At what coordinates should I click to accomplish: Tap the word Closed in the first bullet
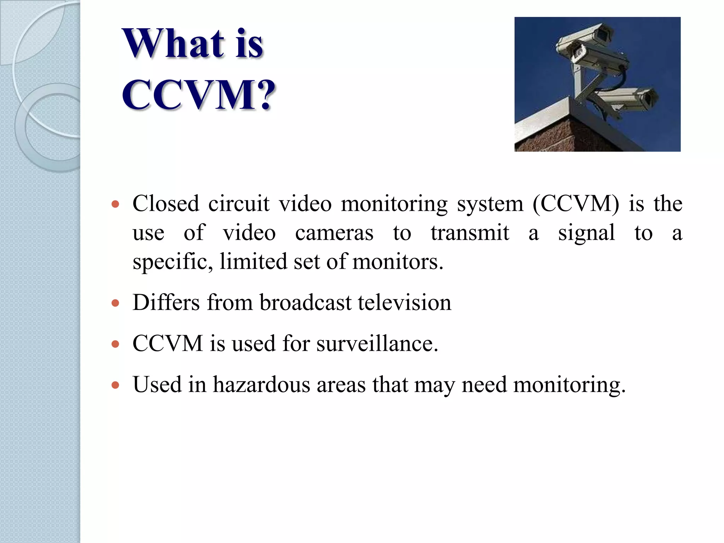tap(166, 204)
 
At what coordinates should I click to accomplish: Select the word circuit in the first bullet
tap(239, 204)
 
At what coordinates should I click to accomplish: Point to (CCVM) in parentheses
tap(576, 204)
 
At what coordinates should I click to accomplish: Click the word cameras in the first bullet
tap(334, 233)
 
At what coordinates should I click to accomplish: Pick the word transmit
tap(470, 233)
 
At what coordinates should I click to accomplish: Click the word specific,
tap(173, 262)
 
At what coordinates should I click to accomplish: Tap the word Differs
tap(167, 303)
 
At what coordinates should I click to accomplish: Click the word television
tap(404, 303)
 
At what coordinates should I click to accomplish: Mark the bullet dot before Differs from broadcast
tap(115, 303)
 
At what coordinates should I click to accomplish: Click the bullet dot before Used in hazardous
tap(115, 385)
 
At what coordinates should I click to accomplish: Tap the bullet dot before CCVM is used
tap(115, 344)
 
